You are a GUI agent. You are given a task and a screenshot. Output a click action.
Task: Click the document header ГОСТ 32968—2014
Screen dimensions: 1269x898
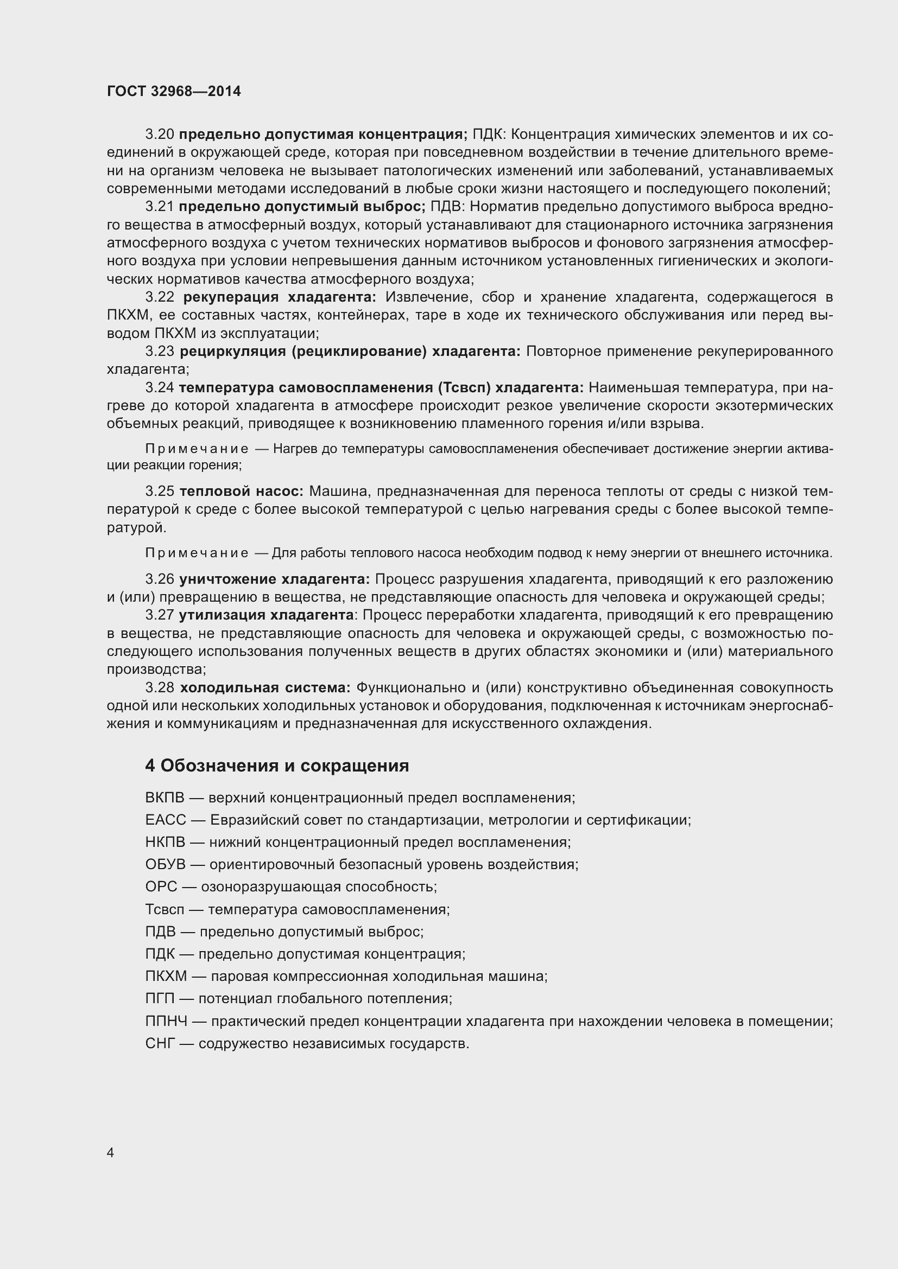pyautogui.click(x=174, y=91)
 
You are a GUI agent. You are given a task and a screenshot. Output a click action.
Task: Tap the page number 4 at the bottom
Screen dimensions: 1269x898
pyautogui.click(x=111, y=1152)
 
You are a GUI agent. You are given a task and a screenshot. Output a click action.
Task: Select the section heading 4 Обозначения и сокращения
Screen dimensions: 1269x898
pyautogui.click(x=277, y=766)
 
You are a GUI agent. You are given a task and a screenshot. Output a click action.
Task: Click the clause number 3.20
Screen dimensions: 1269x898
pyautogui.click(x=160, y=135)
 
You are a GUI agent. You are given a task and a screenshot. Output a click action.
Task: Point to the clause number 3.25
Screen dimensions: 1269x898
pyautogui.click(x=160, y=491)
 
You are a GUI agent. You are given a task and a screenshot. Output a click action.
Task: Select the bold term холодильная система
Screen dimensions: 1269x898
pyautogui.click(x=265, y=687)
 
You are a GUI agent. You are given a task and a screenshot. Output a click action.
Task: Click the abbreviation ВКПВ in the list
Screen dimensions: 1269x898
pyautogui.click(x=164, y=798)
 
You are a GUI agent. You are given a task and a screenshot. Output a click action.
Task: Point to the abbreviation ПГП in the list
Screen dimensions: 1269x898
pyautogui.click(x=160, y=998)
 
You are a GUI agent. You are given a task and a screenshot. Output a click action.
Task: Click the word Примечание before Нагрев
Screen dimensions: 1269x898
pyautogui.click(x=197, y=449)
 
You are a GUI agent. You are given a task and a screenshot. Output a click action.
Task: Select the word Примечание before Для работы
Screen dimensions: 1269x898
pyautogui.click(x=197, y=553)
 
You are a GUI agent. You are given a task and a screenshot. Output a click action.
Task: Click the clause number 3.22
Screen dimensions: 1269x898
pyautogui.click(x=160, y=297)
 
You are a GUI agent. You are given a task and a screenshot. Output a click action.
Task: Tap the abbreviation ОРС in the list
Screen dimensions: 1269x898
pyautogui.click(x=161, y=887)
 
